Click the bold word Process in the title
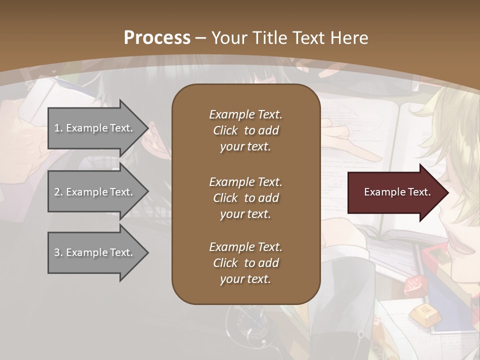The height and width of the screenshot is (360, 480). tap(157, 37)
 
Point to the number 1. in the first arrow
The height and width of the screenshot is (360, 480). tap(58, 128)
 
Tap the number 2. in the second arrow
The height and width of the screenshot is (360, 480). tap(58, 192)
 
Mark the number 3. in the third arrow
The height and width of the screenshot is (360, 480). tap(58, 252)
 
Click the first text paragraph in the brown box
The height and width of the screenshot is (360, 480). tap(245, 130)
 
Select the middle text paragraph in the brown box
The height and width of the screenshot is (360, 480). tap(245, 198)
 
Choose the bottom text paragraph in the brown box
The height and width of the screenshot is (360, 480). tap(245, 263)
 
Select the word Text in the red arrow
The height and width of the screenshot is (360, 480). tap(419, 192)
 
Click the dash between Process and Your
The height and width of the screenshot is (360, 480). tap(201, 38)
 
